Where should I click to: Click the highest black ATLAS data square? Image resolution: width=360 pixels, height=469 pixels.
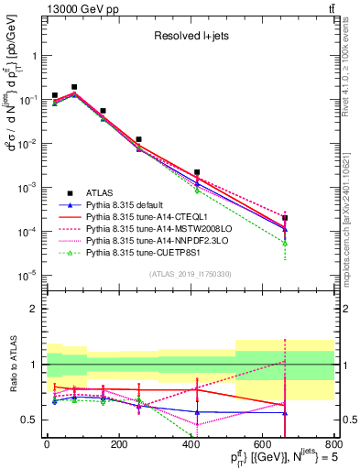coord(74,87)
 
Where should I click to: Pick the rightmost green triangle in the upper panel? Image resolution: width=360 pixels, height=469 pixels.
coord(286,244)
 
